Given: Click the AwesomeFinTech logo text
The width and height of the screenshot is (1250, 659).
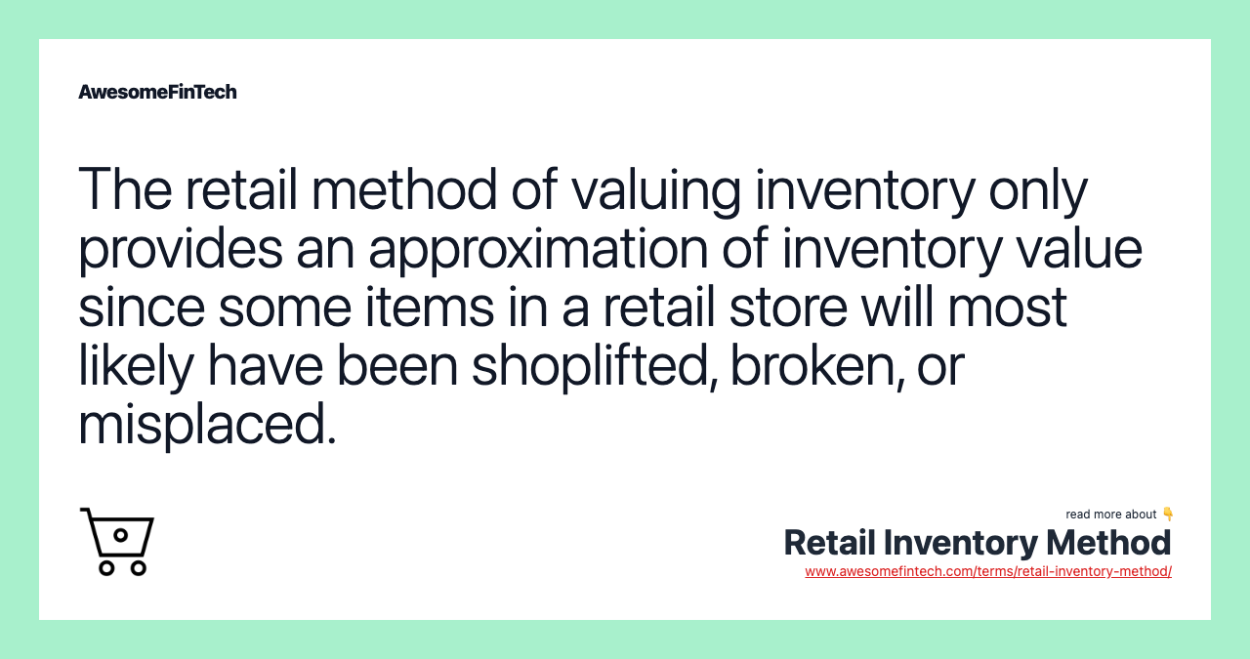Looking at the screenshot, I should point(157,92).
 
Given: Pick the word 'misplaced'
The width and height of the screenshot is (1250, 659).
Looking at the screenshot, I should point(207,426).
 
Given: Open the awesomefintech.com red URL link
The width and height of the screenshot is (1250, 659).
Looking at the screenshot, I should point(987,572).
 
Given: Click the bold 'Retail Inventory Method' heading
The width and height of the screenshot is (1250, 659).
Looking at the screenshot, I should point(977,543).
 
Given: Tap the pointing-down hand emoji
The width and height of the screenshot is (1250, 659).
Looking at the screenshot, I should point(1167,515).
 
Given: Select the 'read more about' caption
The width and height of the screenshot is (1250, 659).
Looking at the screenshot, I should point(1110,515).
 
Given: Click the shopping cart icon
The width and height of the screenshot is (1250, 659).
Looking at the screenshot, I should point(117,541).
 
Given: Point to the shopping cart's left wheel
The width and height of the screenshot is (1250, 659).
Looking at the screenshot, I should point(106,567).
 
